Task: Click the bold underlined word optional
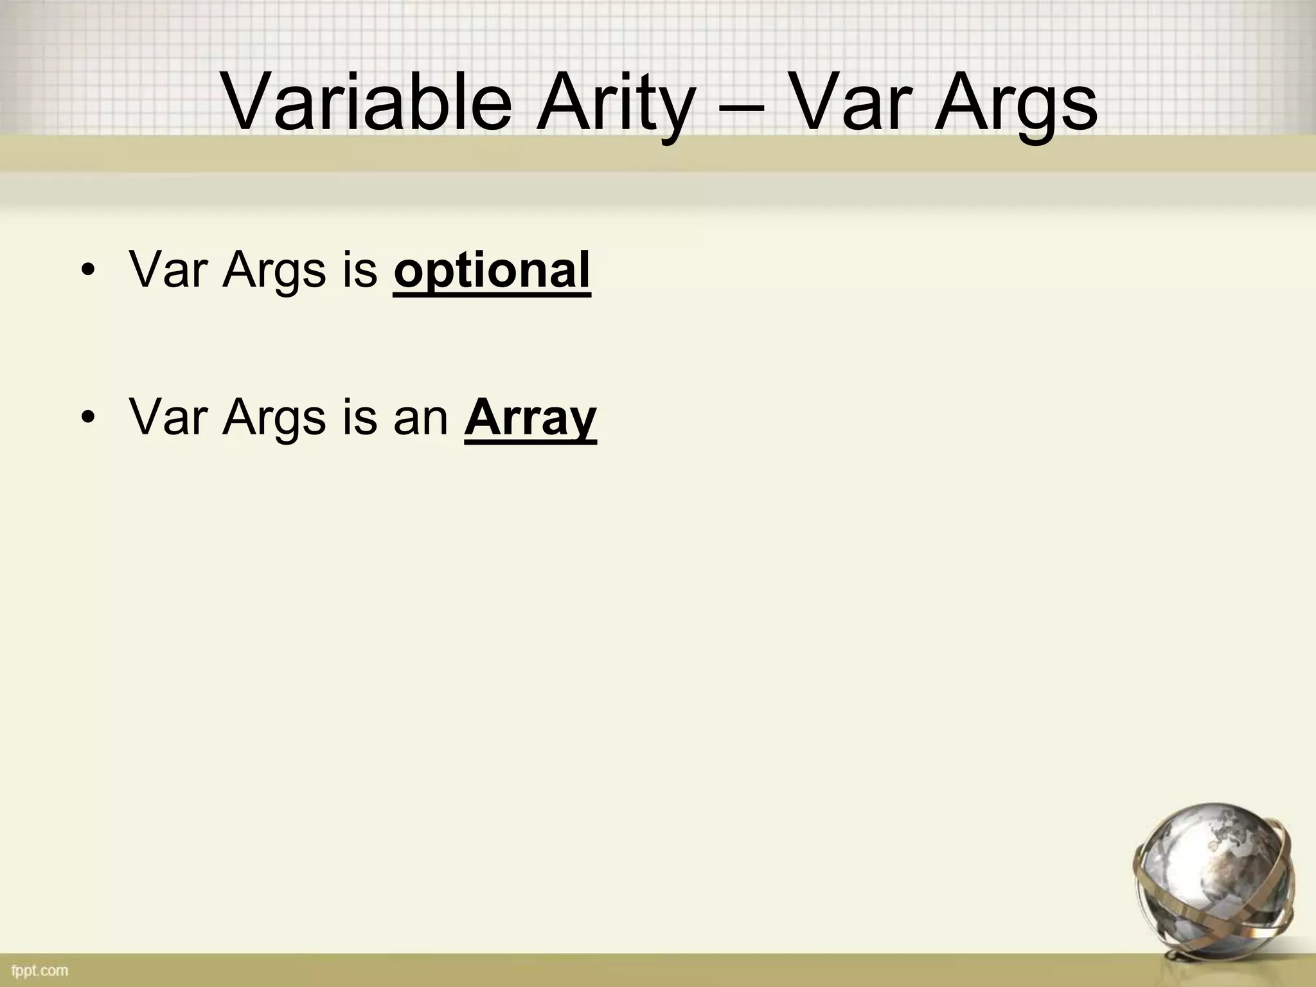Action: point(492,270)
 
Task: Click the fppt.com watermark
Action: point(40,970)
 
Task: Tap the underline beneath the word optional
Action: point(492,295)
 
